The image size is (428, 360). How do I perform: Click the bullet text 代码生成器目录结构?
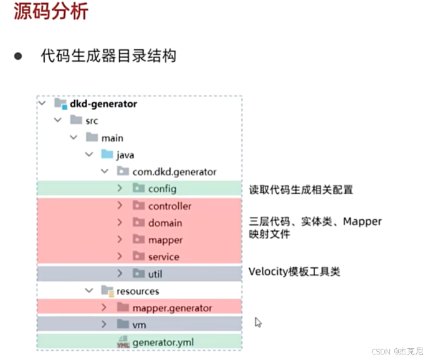pyautogui.click(x=108, y=56)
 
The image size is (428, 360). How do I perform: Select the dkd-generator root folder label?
pyautogui.click(x=103, y=104)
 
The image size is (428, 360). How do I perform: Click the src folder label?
pyautogui.click(x=92, y=121)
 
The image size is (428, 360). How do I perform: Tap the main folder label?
pyautogui.click(x=112, y=138)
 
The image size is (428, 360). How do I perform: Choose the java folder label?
pyautogui.click(x=125, y=154)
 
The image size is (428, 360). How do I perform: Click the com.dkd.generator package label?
pyautogui.click(x=174, y=171)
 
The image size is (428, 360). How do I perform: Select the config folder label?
pyautogui.click(x=162, y=189)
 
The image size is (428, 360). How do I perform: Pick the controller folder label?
pyautogui.click(x=169, y=206)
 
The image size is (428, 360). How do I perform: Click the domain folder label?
pyautogui.click(x=165, y=222)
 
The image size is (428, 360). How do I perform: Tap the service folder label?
pyautogui.click(x=164, y=256)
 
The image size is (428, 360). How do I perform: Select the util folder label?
pyautogui.click(x=155, y=273)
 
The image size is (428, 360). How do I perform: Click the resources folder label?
pyautogui.click(x=138, y=291)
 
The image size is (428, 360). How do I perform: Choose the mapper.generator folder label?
pyautogui.click(x=173, y=308)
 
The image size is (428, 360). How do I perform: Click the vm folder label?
pyautogui.click(x=139, y=324)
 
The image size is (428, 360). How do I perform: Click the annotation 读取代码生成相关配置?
pyautogui.click(x=300, y=189)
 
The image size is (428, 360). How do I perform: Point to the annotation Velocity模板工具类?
pyautogui.click(x=294, y=272)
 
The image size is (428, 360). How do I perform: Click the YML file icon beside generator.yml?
pyautogui.click(x=123, y=342)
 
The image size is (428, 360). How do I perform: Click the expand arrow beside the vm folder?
pyautogui.click(x=104, y=324)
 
